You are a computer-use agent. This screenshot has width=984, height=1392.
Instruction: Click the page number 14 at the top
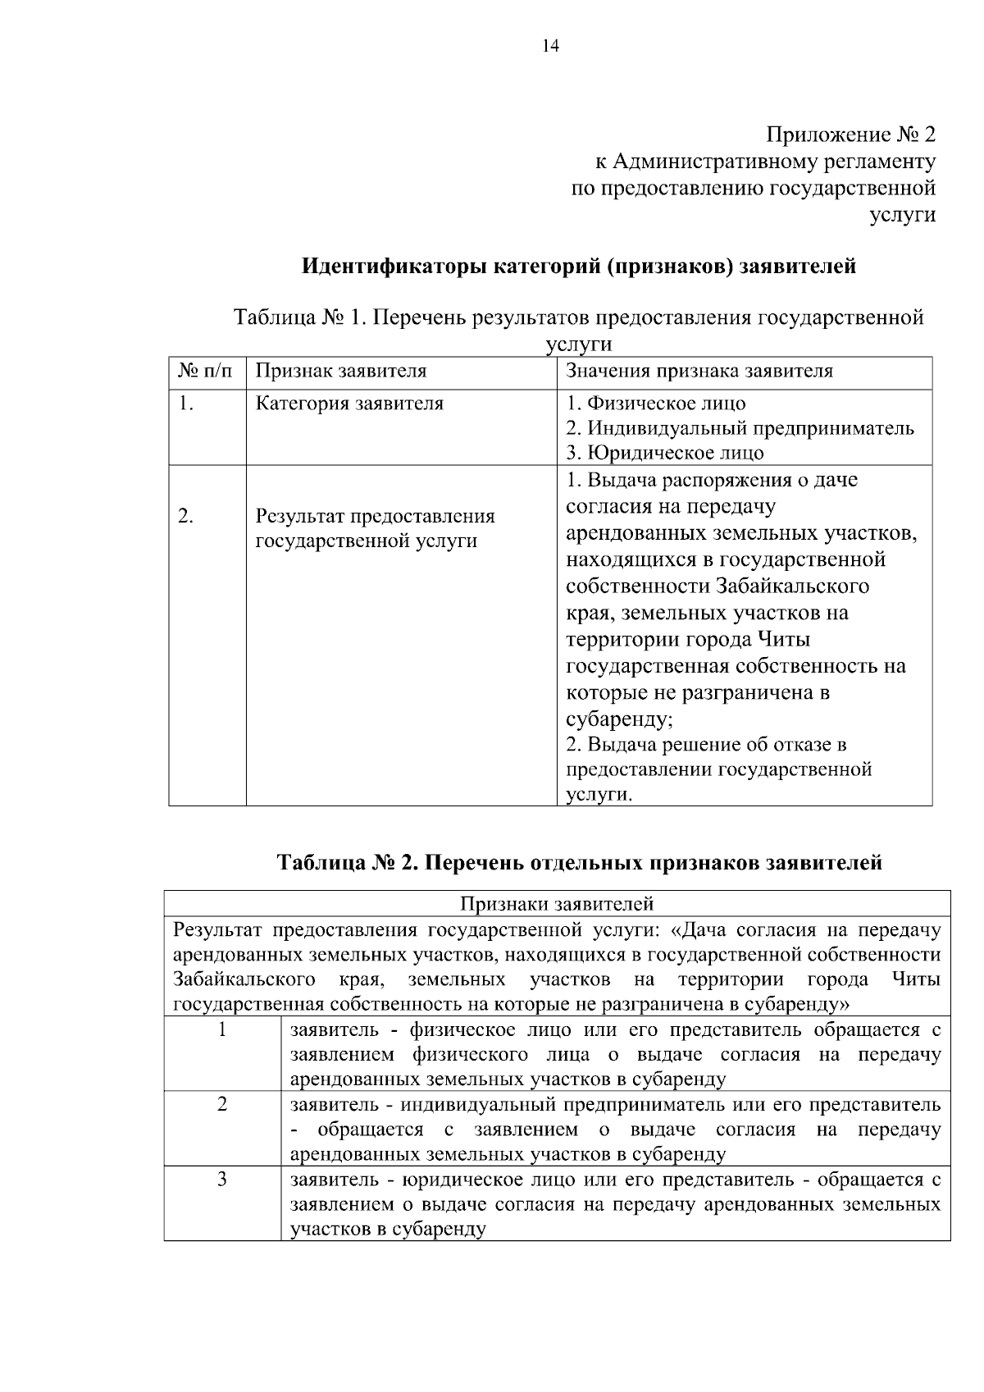550,47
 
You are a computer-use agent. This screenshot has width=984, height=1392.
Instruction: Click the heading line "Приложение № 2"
850,134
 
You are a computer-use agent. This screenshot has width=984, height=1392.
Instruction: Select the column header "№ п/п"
205,371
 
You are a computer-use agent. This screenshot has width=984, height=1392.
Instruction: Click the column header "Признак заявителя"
341,371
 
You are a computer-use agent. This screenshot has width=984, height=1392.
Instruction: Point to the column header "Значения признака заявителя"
699,371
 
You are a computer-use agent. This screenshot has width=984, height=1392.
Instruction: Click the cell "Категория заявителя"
349,404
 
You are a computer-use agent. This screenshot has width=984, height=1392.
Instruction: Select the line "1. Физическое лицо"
656,404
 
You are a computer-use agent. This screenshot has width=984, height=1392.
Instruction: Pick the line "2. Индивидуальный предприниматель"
740,428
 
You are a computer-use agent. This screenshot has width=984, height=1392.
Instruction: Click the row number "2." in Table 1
186,516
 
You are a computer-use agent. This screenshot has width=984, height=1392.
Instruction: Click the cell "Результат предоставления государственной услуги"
375,529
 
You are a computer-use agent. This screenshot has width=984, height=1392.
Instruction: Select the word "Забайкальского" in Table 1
792,586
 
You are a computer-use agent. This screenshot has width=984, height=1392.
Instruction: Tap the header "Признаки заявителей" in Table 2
557,904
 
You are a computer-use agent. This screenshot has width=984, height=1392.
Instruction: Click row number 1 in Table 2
222,1029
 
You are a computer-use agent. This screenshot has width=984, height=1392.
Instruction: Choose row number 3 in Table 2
222,1180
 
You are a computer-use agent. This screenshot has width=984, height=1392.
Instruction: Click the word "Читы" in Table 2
918,979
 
